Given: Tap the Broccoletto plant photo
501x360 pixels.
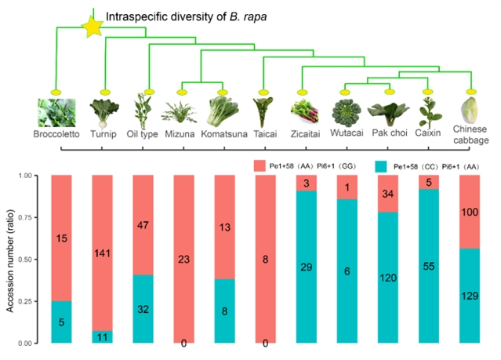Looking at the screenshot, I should tap(58, 112).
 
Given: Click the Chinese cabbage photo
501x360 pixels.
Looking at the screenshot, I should tap(473, 107).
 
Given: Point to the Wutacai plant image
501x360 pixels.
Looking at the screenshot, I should tap(347, 114).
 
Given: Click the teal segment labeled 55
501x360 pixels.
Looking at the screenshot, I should tap(429, 267).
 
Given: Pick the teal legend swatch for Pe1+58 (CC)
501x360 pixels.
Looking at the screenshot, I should tap(383, 165).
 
